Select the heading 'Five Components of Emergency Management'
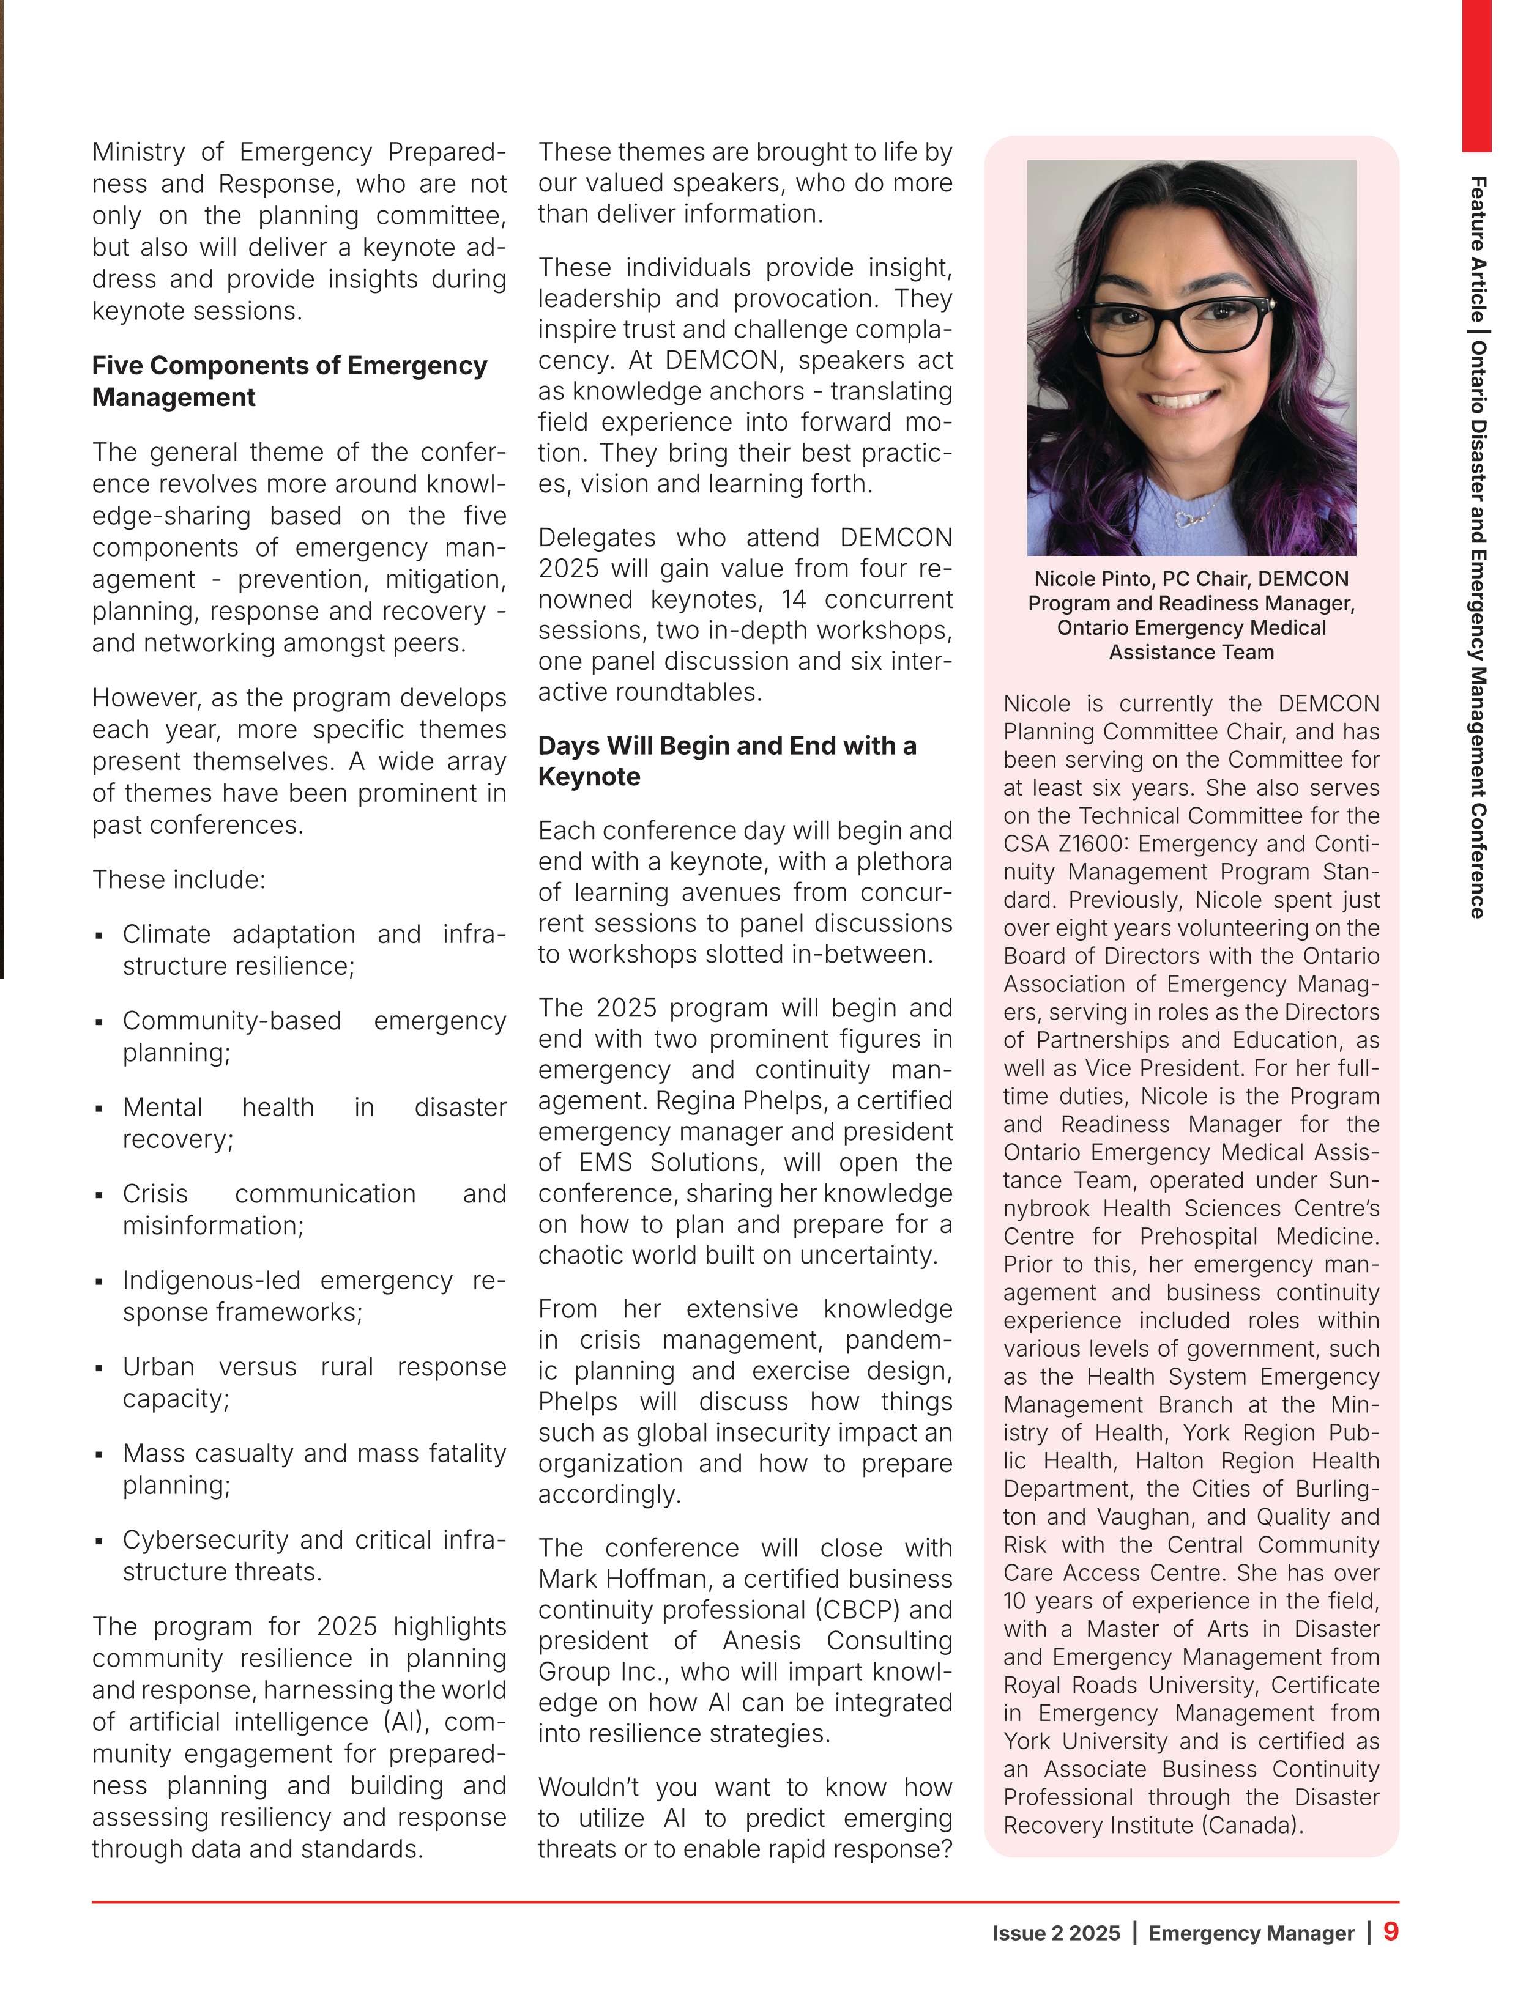[x=289, y=381]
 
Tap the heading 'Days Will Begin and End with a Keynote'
[x=726, y=761]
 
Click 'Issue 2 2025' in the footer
[x=1055, y=1933]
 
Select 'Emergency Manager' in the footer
[x=1251, y=1933]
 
